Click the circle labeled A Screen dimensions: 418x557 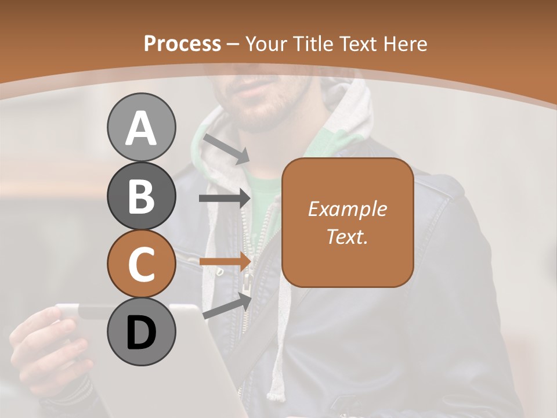[141, 127]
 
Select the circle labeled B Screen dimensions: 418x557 [141, 196]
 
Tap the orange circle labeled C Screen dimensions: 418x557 [141, 264]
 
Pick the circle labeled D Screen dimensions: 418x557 [141, 332]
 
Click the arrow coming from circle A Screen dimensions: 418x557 [226, 149]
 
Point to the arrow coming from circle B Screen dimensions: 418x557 [225, 199]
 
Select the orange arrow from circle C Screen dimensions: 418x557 [225, 261]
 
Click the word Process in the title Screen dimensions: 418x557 [182, 44]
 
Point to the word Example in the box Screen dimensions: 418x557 [347, 209]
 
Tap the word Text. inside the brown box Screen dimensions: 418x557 [347, 236]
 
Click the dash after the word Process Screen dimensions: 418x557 [233, 45]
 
